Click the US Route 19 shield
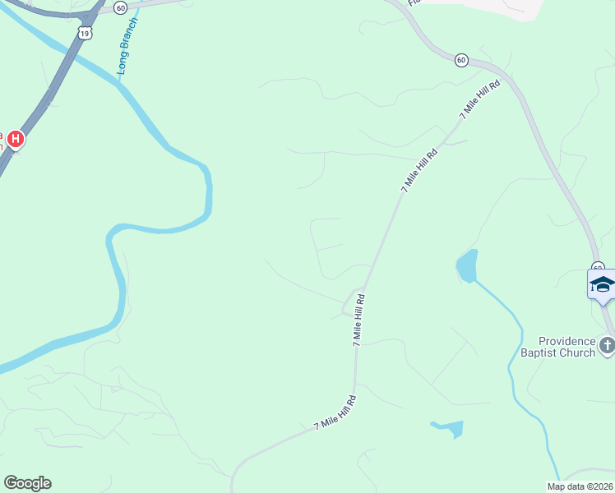coord(86,32)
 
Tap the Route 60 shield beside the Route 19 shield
coord(121,7)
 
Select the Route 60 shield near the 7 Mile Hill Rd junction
coord(460,59)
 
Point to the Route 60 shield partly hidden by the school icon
coord(598,268)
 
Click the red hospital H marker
coord(16,140)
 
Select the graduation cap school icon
coord(602,285)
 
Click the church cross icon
coord(607,345)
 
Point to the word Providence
coord(566,341)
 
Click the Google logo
coord(27,483)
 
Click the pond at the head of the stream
coord(466,266)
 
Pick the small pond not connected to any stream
coord(449,428)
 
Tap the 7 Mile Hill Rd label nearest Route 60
coord(480,101)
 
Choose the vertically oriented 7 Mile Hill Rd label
coord(358,321)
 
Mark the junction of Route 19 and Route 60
coord(90,15)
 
